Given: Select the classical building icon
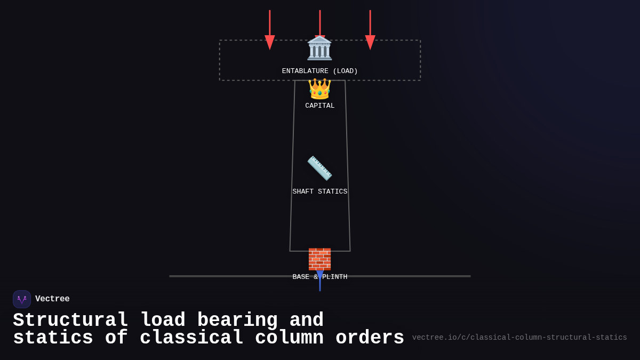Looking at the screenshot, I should [319, 49].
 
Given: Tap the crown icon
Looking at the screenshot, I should [319, 89].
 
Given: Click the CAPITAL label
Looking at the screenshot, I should [319, 106].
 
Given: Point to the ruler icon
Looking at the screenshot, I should [319, 168].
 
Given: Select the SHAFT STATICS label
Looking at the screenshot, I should [319, 192].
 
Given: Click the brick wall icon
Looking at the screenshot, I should [319, 259].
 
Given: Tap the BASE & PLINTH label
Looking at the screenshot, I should [319, 277].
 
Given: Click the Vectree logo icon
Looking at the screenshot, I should [22, 299].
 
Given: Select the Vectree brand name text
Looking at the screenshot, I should [52, 299].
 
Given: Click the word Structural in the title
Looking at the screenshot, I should [70, 321].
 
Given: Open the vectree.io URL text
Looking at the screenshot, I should [519, 338].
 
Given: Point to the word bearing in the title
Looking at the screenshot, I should [237, 321].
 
